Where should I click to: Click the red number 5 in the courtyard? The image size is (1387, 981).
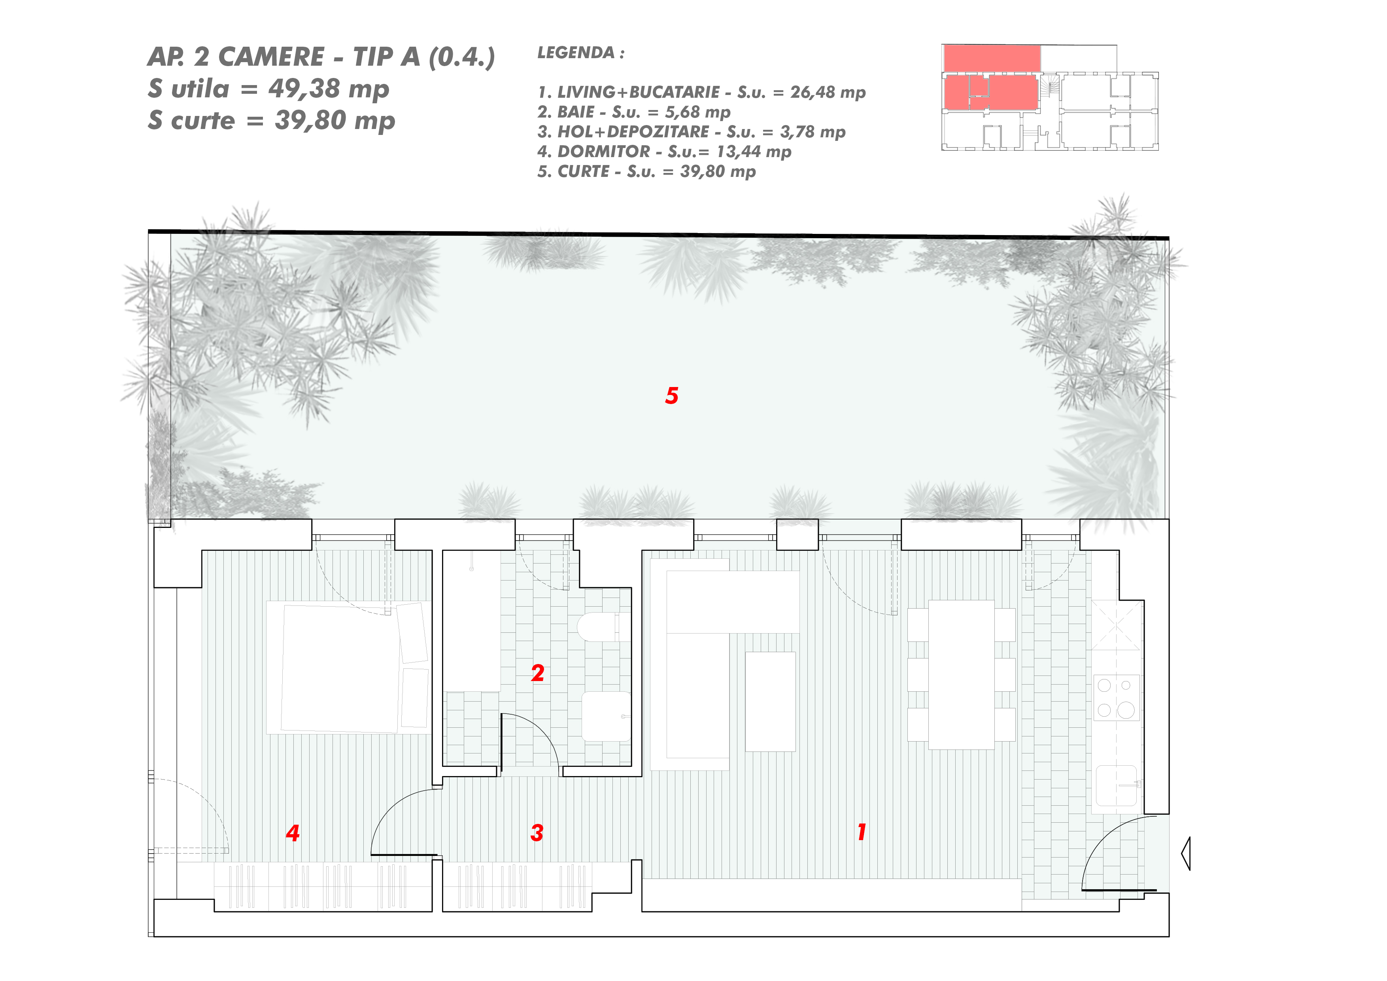(x=672, y=395)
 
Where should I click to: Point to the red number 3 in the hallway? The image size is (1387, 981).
(x=537, y=833)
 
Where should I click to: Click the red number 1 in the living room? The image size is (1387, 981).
(x=862, y=832)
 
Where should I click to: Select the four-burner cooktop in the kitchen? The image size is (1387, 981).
(x=1117, y=698)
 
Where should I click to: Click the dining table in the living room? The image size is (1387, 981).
(x=961, y=675)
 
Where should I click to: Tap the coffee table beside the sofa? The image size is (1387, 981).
(x=770, y=701)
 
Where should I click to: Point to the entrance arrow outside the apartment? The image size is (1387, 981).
(x=1186, y=854)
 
